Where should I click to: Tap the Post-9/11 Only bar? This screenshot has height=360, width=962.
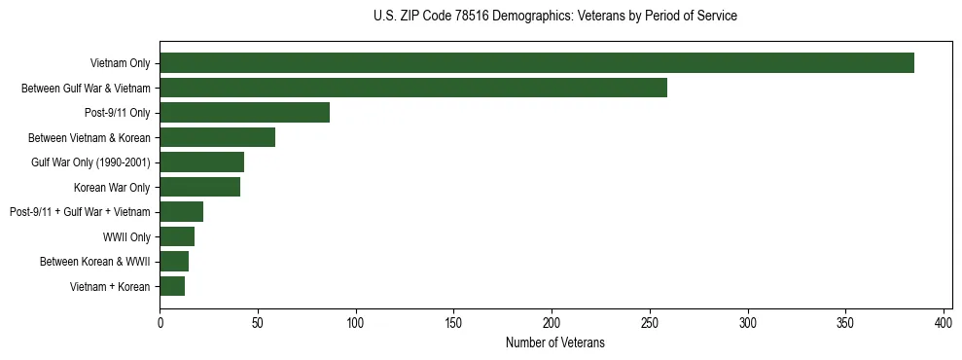pyautogui.click(x=244, y=113)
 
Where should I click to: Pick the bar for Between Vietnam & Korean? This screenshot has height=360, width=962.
pyautogui.click(x=217, y=137)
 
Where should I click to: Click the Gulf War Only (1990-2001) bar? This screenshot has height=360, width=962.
pyautogui.click(x=201, y=162)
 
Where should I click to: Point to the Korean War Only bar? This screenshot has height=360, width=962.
pyautogui.click(x=199, y=187)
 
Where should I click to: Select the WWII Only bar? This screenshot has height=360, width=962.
pyautogui.click(x=177, y=236)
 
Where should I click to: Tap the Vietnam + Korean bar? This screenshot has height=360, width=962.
pyautogui.click(x=172, y=286)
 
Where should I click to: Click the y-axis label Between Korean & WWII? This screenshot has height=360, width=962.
pyautogui.click(x=94, y=262)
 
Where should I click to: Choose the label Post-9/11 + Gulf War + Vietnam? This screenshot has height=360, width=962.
pyautogui.click(x=80, y=212)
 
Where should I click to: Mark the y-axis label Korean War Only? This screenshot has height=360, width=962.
pyautogui.click(x=112, y=187)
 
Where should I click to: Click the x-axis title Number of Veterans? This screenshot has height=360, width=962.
pyautogui.click(x=555, y=342)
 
